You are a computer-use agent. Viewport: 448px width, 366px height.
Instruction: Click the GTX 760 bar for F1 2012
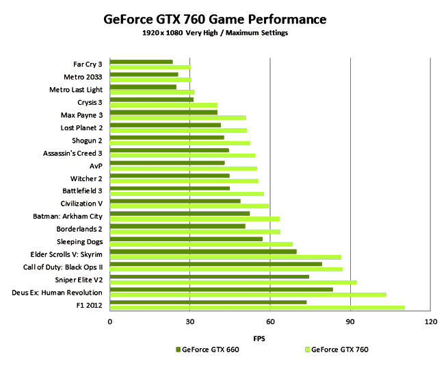click(256, 307)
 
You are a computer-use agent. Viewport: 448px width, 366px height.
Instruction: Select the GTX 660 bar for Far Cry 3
click(141, 62)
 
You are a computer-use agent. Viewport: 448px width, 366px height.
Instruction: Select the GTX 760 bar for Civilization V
click(189, 205)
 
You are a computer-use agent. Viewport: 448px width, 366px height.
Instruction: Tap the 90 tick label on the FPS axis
click(350, 321)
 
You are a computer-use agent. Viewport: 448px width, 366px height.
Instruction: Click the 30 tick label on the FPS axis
click(189, 321)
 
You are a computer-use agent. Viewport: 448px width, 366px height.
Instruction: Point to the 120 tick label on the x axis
click(430, 321)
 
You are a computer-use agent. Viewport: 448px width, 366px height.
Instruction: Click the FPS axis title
click(259, 339)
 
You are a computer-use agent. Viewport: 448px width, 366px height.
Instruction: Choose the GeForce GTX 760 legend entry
click(336, 350)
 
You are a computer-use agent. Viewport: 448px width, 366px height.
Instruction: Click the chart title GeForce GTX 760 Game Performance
click(224, 19)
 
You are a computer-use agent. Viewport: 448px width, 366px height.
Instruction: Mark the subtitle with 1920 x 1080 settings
click(224, 34)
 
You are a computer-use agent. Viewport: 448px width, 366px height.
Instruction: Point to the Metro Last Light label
click(75, 89)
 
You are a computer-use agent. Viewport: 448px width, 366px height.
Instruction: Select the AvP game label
click(96, 165)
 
